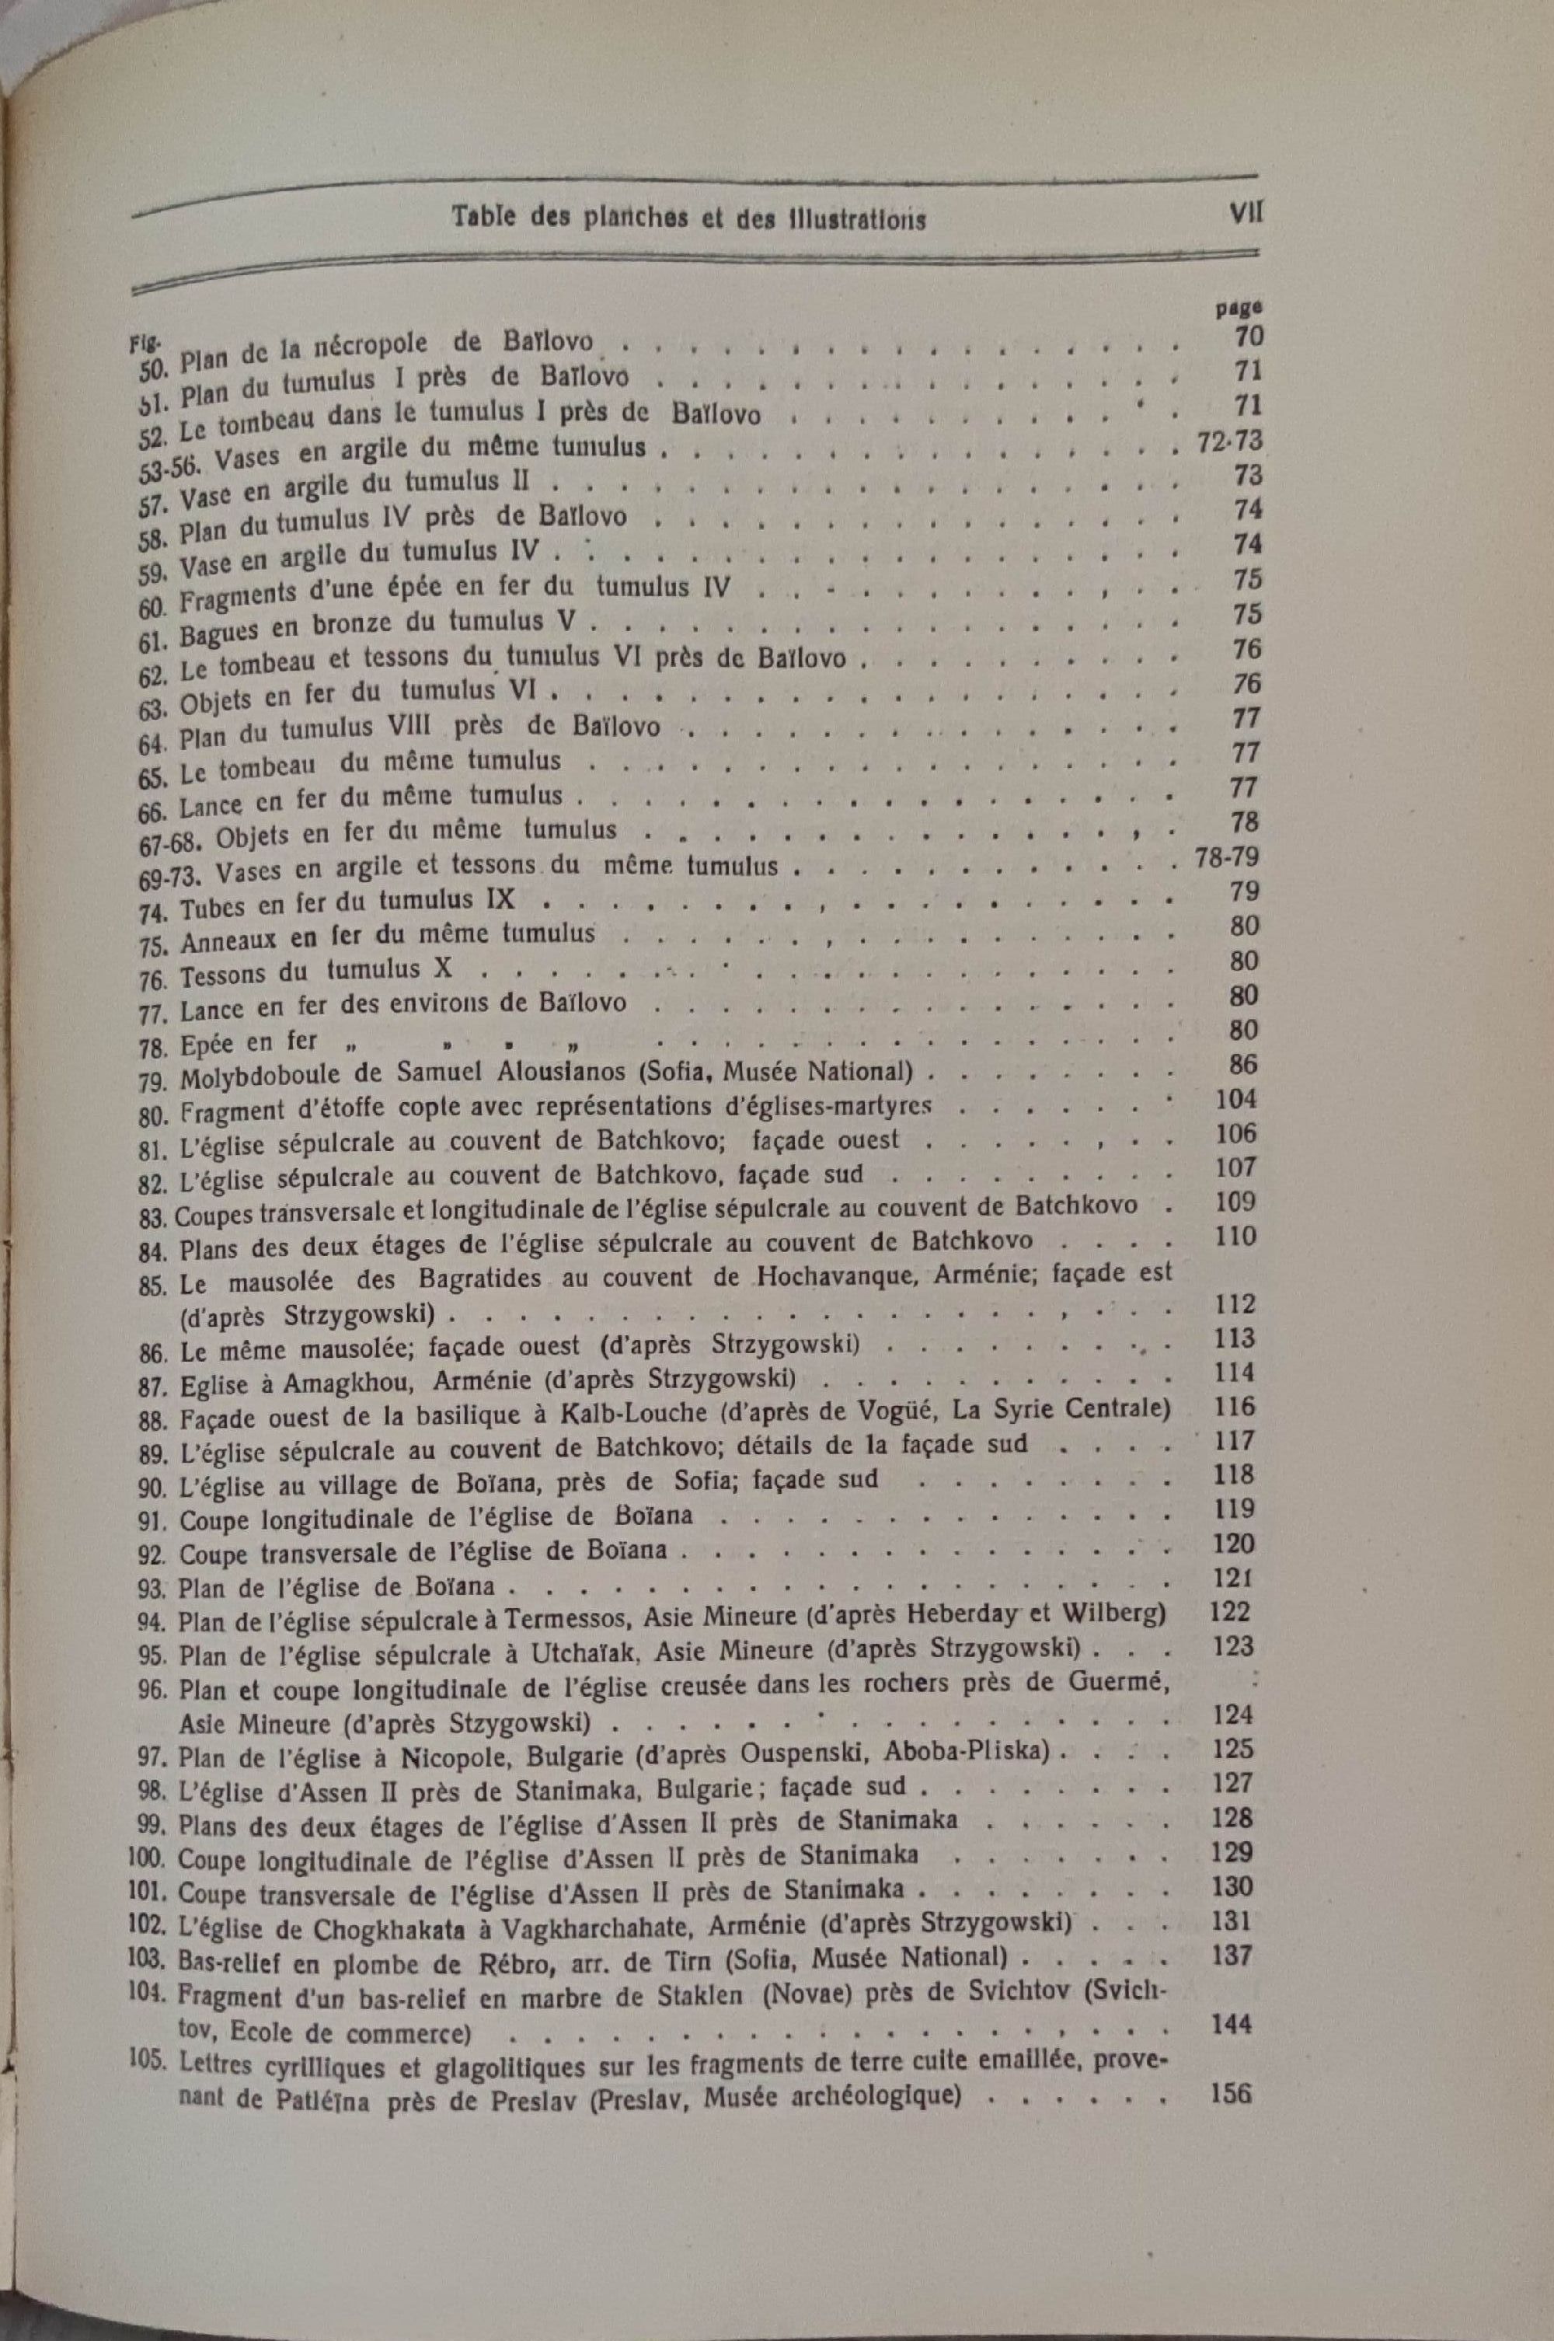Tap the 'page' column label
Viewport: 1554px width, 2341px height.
pyautogui.click(x=1231, y=309)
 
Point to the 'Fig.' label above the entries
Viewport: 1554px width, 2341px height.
pyautogui.click(x=141, y=343)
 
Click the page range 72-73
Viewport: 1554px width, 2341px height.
pyautogui.click(x=1229, y=441)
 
